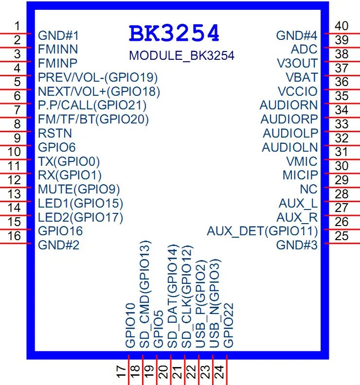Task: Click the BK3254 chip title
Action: (x=174, y=34)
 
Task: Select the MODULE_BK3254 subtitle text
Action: (x=181, y=55)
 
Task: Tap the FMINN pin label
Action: (x=58, y=49)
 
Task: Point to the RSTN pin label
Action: (x=55, y=133)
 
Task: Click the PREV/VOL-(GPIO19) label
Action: (x=98, y=77)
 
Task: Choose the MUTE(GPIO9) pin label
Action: (x=79, y=189)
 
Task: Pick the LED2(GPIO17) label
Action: (x=80, y=217)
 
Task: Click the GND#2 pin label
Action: (x=58, y=245)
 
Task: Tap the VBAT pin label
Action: (x=302, y=77)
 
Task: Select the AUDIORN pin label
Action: (x=288, y=105)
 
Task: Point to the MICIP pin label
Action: (x=300, y=175)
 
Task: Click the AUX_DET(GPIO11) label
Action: (x=262, y=231)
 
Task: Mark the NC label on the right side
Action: (x=308, y=189)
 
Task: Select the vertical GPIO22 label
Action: (x=229, y=325)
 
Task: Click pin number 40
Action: (x=342, y=26)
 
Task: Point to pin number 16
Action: (x=15, y=236)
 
